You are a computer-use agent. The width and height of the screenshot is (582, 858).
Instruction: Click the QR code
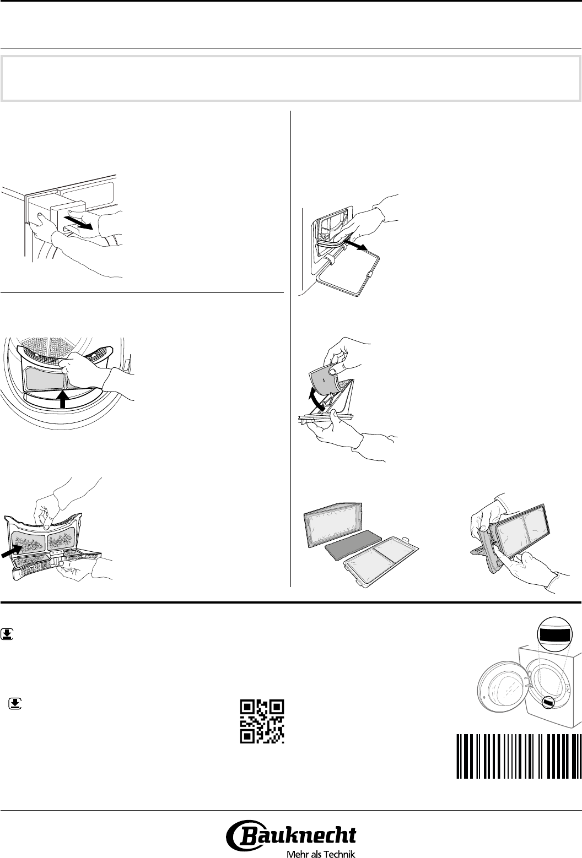[262, 721]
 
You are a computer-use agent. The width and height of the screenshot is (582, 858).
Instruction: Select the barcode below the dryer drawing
[519, 757]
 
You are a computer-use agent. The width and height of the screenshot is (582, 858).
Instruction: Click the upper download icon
[7, 634]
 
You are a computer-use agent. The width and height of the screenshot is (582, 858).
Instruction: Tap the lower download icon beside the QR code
[15, 703]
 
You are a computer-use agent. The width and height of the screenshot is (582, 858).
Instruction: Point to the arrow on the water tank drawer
[79, 222]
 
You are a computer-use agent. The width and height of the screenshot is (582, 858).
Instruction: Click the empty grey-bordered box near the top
[291, 79]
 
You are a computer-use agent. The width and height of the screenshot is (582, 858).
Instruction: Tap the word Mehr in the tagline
[295, 854]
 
